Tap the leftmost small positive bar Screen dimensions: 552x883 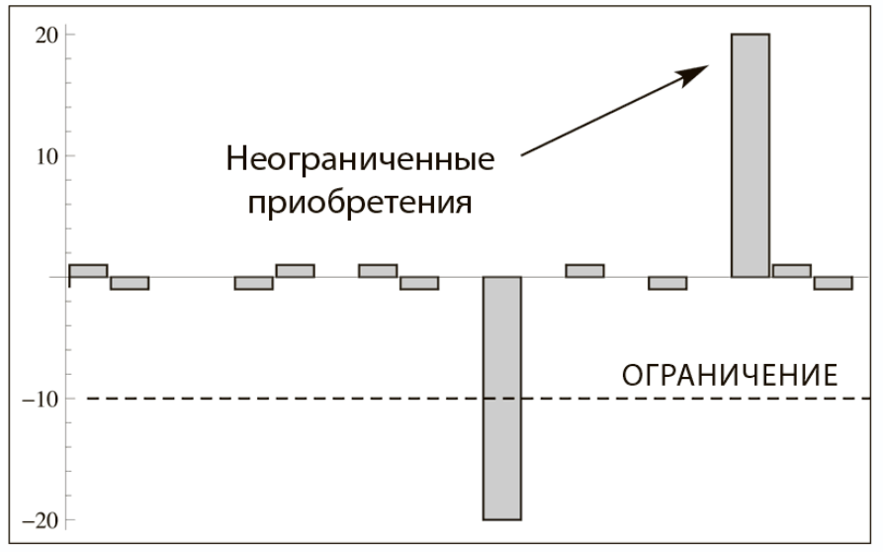point(88,270)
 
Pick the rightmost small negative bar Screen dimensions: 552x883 point(833,283)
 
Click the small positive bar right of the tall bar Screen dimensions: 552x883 point(791,270)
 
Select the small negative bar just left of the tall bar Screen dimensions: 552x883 point(667,283)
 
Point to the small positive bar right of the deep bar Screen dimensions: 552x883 point(584,270)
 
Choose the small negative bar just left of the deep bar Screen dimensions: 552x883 point(419,283)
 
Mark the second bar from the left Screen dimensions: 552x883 point(130,283)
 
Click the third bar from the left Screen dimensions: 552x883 point(253,283)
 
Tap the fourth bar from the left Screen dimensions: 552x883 point(295,270)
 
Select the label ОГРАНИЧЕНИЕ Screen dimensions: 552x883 point(730,376)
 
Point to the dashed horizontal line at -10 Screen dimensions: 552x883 point(297,399)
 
